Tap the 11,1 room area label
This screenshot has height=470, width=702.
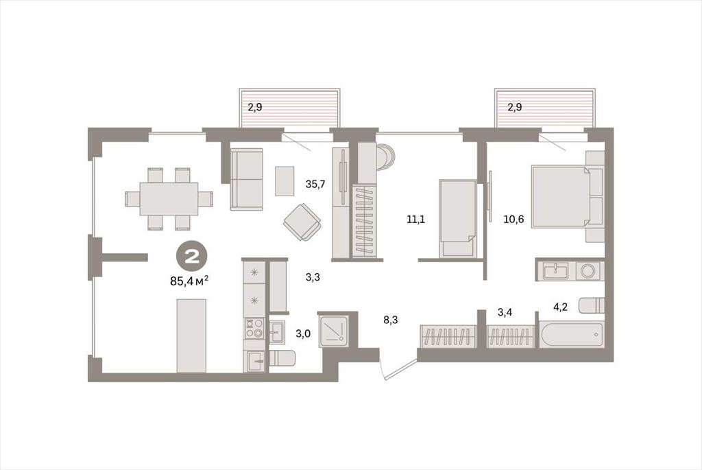415,219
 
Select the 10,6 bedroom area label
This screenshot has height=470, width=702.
514,219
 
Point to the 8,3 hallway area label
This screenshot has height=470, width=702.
390,320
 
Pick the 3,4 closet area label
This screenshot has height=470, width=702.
505,312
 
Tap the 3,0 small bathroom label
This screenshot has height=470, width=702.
303,333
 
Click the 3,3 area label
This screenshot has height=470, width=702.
313,277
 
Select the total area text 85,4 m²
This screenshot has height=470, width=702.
190,281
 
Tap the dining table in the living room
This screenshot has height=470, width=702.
169,198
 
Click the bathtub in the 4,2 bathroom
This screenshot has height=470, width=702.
572,333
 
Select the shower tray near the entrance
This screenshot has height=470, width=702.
334,331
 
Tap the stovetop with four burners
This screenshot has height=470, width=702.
254,328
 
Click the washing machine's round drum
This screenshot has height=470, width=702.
587,270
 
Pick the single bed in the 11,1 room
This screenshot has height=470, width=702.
458,218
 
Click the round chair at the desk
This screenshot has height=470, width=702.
385,157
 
